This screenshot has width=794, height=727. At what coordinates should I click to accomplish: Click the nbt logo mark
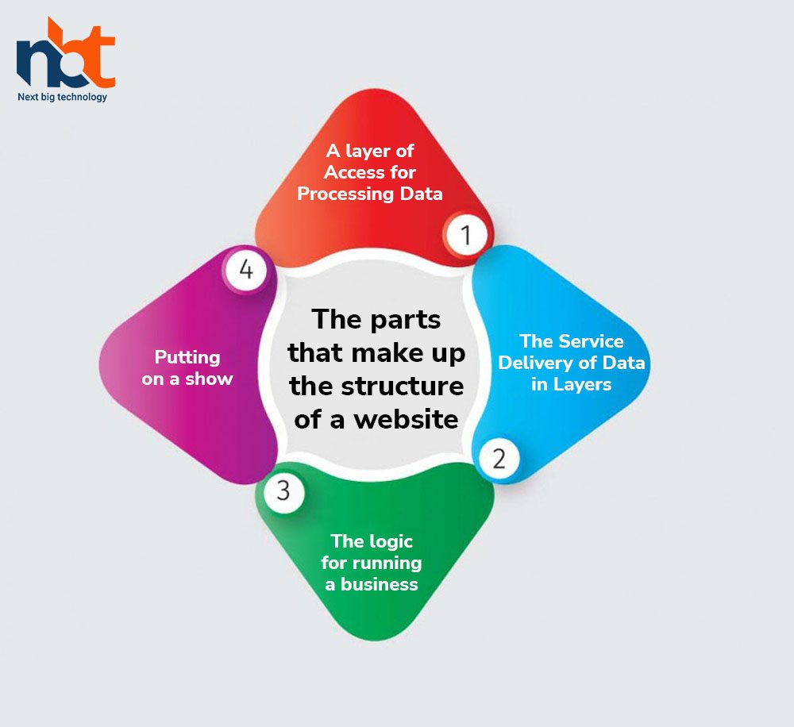(x=66, y=53)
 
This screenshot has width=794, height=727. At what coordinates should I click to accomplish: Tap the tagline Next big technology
(x=62, y=97)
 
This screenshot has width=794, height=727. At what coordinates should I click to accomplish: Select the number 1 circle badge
(x=464, y=235)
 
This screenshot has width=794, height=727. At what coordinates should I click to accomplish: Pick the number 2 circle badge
(x=499, y=459)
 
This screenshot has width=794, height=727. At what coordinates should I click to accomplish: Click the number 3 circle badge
(x=283, y=490)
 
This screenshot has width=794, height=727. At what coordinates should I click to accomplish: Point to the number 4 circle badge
(x=246, y=269)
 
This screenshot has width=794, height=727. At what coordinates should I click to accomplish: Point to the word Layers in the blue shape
(x=582, y=385)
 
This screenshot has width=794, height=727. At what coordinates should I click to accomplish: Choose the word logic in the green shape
(x=389, y=542)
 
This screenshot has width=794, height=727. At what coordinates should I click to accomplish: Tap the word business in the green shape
(x=380, y=584)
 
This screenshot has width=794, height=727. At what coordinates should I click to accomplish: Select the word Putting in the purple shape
(x=187, y=358)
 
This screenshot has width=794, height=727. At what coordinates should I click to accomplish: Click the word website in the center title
(x=406, y=419)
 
